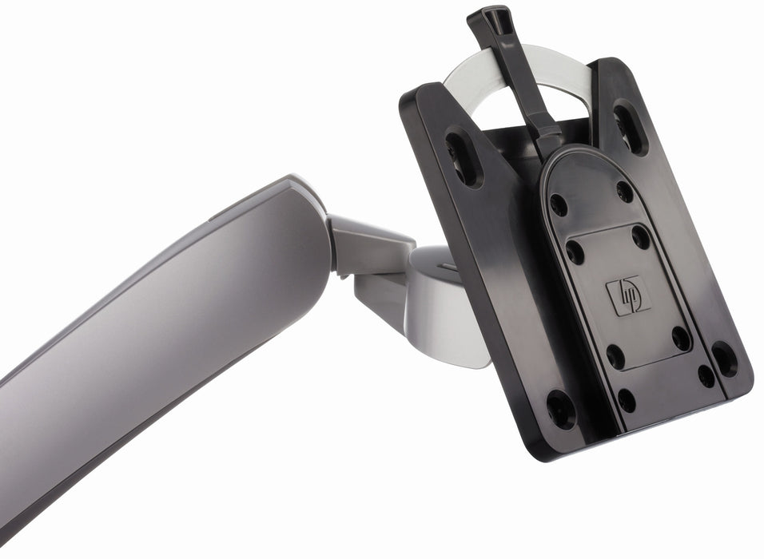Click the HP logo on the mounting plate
coord(627,296)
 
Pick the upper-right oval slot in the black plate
coord(631,125)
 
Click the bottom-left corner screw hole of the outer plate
coord(561,408)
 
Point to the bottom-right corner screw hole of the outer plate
coord(724,359)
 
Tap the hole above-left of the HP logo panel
coord(575,252)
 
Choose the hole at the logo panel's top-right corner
coord(641,236)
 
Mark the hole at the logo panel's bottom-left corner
coord(616,356)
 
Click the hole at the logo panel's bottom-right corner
coord(682,339)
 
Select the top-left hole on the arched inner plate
coord(559,204)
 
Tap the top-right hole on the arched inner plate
coord(624,191)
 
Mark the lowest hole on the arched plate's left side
coord(627,400)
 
